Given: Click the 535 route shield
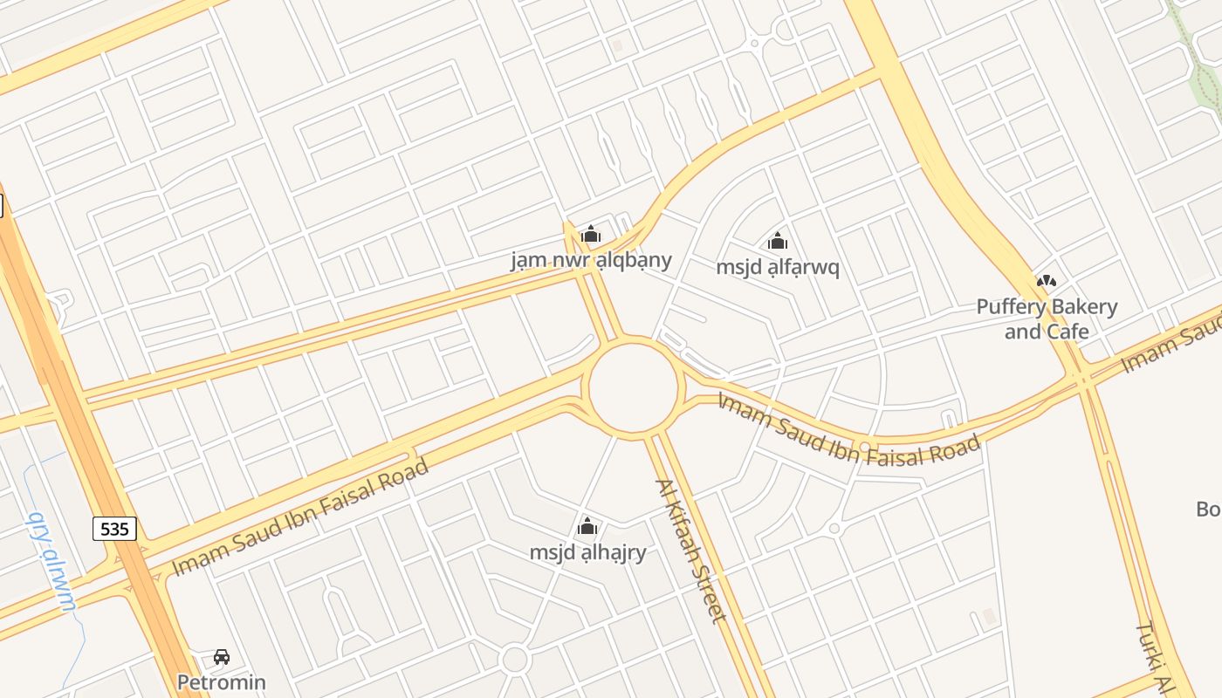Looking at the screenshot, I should click(x=114, y=528).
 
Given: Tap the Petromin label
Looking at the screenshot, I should click(x=221, y=681).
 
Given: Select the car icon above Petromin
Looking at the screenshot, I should click(x=222, y=657).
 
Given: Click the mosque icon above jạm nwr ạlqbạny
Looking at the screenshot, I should click(x=591, y=234).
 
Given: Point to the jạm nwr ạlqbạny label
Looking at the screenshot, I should click(x=591, y=259).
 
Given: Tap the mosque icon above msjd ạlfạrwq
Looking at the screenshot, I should click(x=778, y=241).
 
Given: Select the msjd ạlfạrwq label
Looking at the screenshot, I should click(x=778, y=267).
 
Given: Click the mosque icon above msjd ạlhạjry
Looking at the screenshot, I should click(x=587, y=526).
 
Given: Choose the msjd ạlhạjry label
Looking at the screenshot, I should click(x=587, y=552).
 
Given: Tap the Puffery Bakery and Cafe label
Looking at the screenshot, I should click(x=1047, y=318).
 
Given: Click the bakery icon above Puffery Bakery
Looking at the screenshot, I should click(x=1046, y=281).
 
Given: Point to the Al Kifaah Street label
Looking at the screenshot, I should click(x=690, y=551).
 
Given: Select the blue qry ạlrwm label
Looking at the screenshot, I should click(x=52, y=559).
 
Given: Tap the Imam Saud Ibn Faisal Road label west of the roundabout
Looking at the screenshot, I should click(x=300, y=516).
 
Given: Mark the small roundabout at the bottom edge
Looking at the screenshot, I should click(x=515, y=659).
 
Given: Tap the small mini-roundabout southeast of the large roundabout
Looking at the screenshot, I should click(x=834, y=528).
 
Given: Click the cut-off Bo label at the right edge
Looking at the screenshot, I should click(x=1208, y=508).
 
